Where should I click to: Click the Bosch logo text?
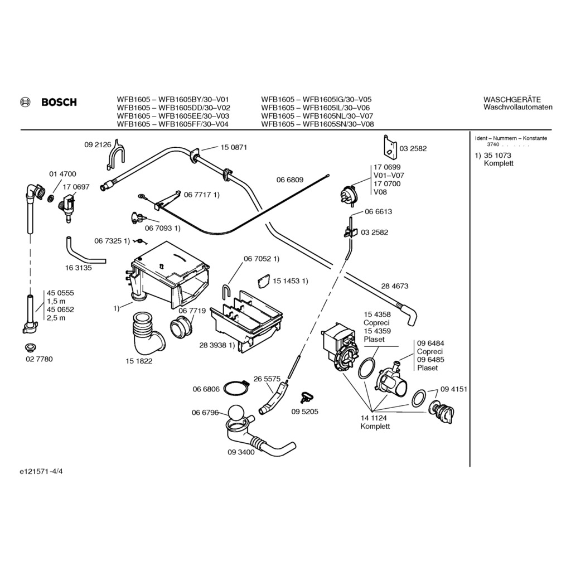(59, 103)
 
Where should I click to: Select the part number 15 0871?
(234, 148)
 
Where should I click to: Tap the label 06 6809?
(290, 180)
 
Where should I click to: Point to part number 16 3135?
(78, 268)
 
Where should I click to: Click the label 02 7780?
(39, 359)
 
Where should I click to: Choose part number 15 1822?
(139, 361)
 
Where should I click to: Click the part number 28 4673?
(395, 286)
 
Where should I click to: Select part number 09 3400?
(241, 452)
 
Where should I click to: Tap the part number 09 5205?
(304, 412)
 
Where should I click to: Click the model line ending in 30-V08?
(317, 124)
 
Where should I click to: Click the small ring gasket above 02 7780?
(31, 347)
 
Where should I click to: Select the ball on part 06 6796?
(236, 414)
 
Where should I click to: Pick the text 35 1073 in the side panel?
(497, 156)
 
